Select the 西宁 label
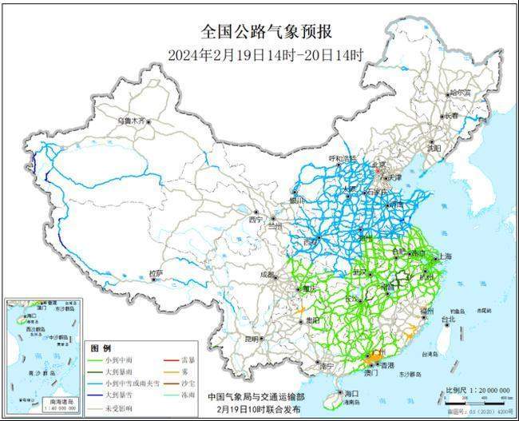256,219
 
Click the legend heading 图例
100,349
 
